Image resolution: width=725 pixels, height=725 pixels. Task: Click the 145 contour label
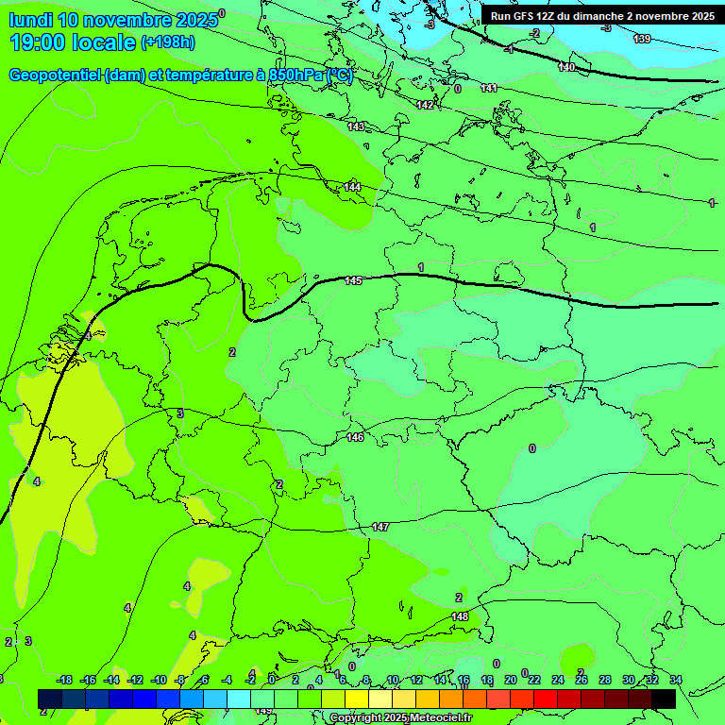[353, 280]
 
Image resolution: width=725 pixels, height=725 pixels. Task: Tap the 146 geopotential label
[355, 437]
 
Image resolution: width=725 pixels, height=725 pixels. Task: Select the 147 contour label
[380, 527]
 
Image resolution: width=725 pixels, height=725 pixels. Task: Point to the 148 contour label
[460, 616]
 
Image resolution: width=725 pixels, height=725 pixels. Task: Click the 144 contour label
[352, 187]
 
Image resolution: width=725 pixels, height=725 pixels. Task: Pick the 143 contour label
[356, 126]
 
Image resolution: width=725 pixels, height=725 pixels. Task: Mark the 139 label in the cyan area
[642, 39]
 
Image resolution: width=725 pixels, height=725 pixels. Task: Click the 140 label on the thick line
[566, 67]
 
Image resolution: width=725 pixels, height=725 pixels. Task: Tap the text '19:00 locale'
[73, 42]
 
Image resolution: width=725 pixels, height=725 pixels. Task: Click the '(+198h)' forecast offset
[168, 42]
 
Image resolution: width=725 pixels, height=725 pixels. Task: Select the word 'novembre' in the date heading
[127, 20]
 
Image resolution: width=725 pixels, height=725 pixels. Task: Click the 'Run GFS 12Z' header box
[601, 16]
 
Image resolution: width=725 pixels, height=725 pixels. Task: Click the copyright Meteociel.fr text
[401, 718]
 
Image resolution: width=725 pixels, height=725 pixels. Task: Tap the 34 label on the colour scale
[676, 680]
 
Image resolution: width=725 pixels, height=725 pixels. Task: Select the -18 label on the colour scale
[64, 680]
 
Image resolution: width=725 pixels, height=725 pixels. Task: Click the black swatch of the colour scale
[664, 699]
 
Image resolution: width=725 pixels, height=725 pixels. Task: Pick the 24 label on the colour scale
[557, 680]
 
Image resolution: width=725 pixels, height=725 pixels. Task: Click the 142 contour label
[425, 105]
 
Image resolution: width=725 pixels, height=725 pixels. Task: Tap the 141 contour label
[489, 88]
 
